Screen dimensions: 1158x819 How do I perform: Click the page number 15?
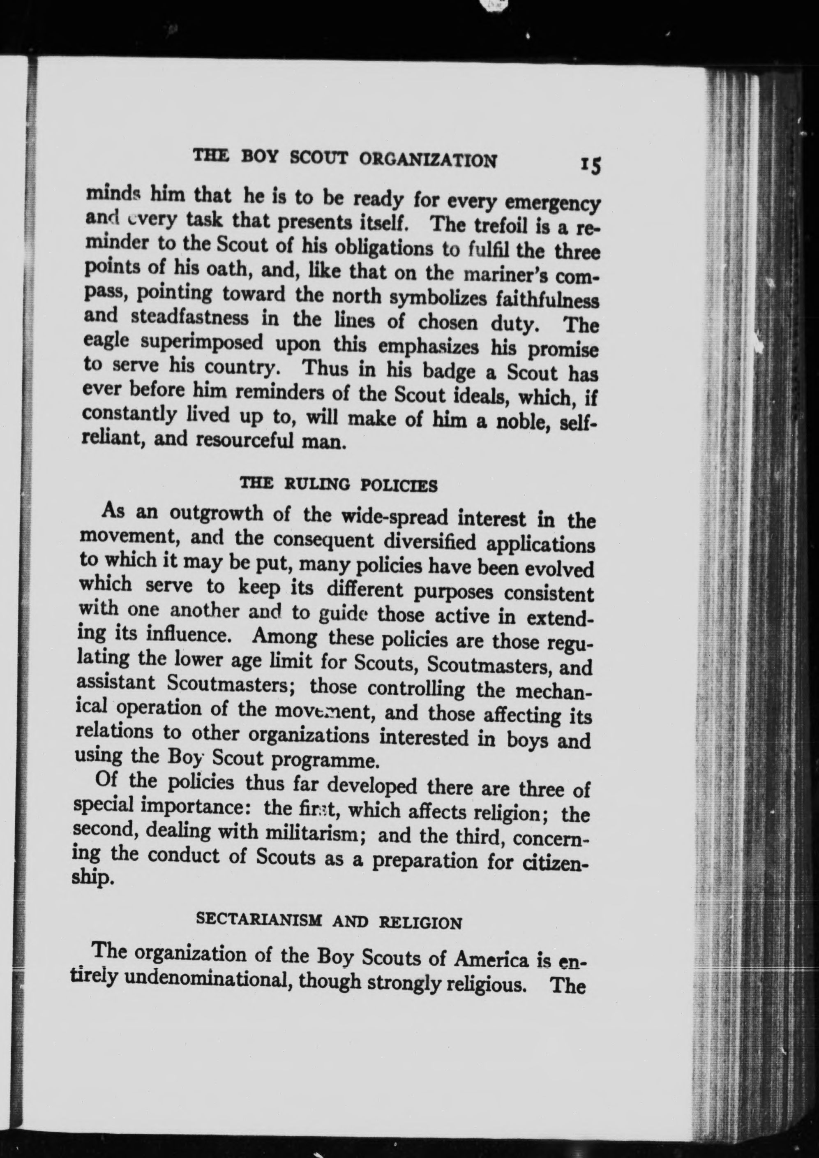591,164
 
